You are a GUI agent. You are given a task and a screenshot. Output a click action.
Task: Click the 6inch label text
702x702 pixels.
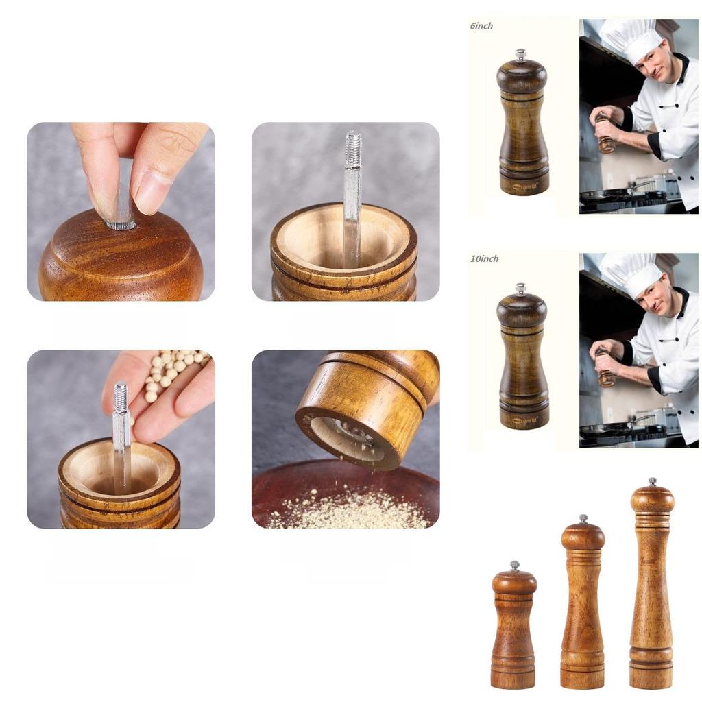pyautogui.click(x=481, y=26)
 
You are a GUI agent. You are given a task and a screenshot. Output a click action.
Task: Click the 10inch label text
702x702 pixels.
pyautogui.click(x=484, y=258)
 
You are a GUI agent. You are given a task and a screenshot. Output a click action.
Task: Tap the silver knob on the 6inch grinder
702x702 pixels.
pyautogui.click(x=522, y=54)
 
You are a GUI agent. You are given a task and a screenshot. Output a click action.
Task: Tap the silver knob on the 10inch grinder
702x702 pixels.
pyautogui.click(x=522, y=288)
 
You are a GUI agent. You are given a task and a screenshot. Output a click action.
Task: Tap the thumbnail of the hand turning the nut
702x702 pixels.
pyautogui.click(x=121, y=211)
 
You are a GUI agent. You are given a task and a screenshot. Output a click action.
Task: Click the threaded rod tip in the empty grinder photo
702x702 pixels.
pyautogui.click(x=353, y=147)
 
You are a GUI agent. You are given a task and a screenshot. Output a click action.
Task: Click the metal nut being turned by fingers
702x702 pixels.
pyautogui.click(x=121, y=222)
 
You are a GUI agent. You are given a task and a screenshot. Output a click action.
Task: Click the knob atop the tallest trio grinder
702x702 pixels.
pyautogui.click(x=652, y=482)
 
